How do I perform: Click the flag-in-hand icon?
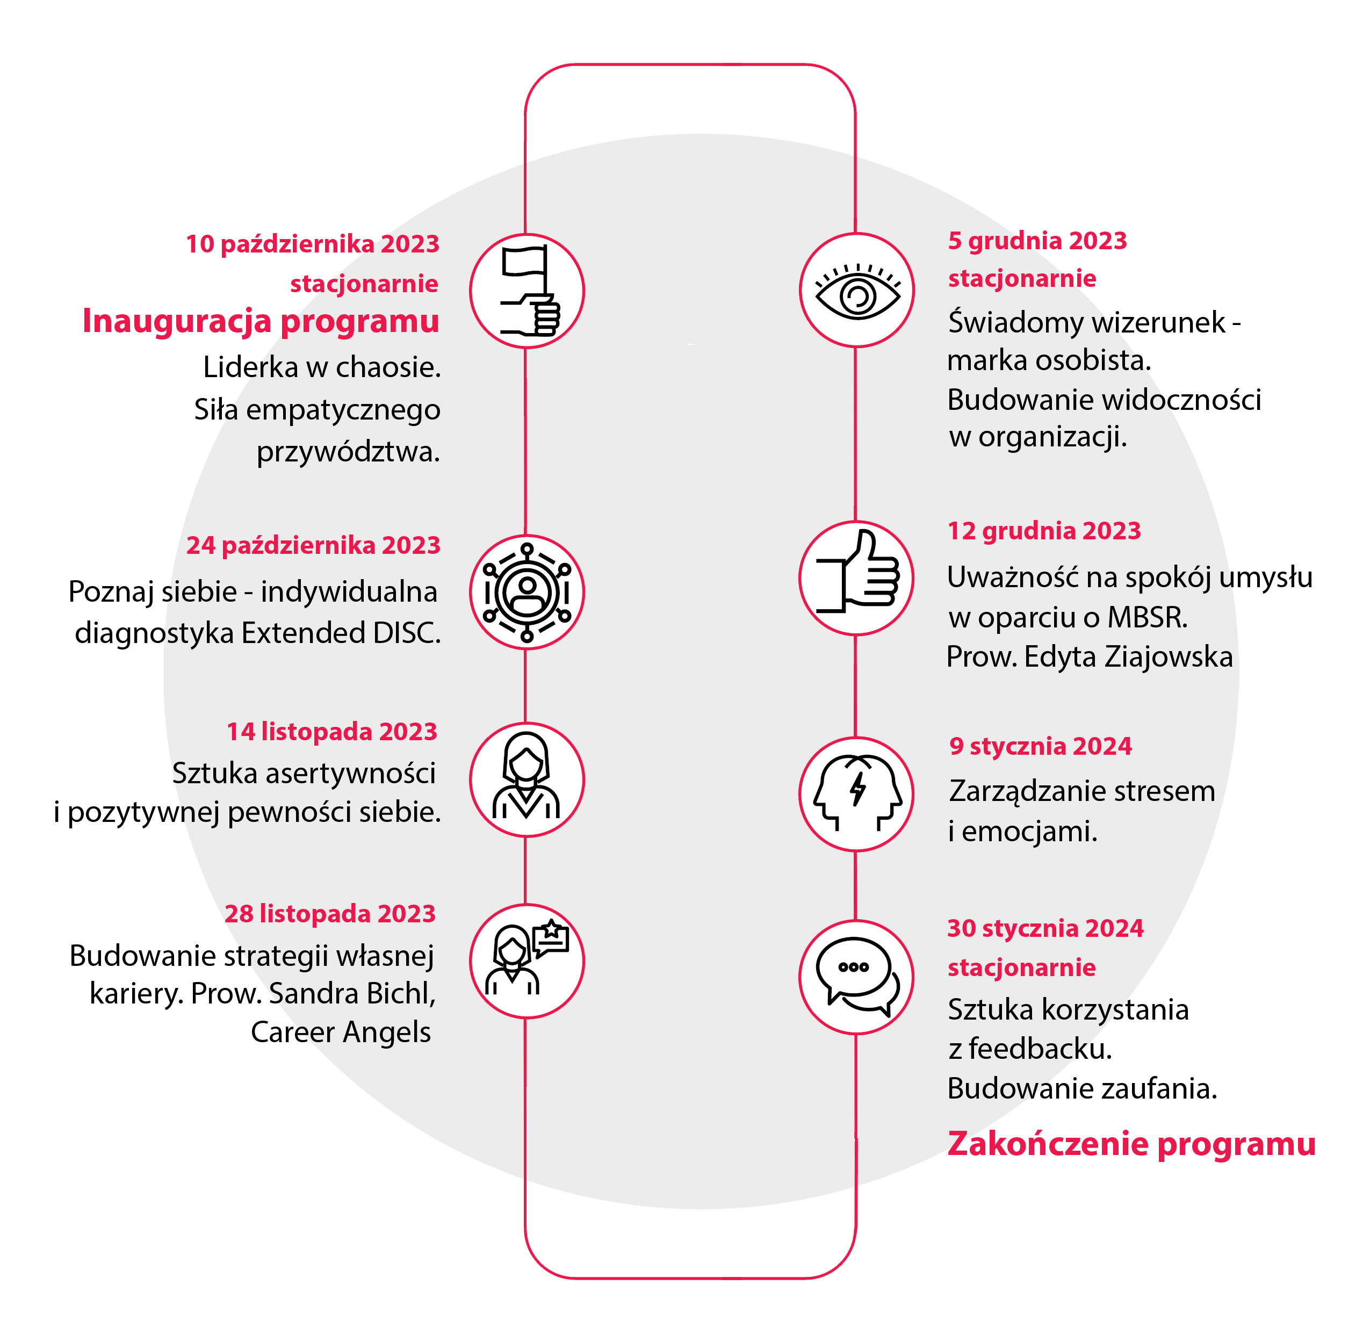tap(530, 291)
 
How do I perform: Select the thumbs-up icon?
tap(857, 572)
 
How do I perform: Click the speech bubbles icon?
tap(857, 977)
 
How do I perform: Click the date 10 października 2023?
tap(313, 244)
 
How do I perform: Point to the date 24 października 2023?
tap(313, 545)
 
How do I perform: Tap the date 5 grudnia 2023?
tap(1037, 241)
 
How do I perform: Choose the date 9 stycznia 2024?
tap(1041, 746)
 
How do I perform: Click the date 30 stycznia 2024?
tap(1045, 928)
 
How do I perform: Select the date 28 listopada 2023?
tap(330, 913)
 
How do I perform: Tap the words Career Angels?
tap(341, 1032)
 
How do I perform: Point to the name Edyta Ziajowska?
tap(1128, 656)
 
